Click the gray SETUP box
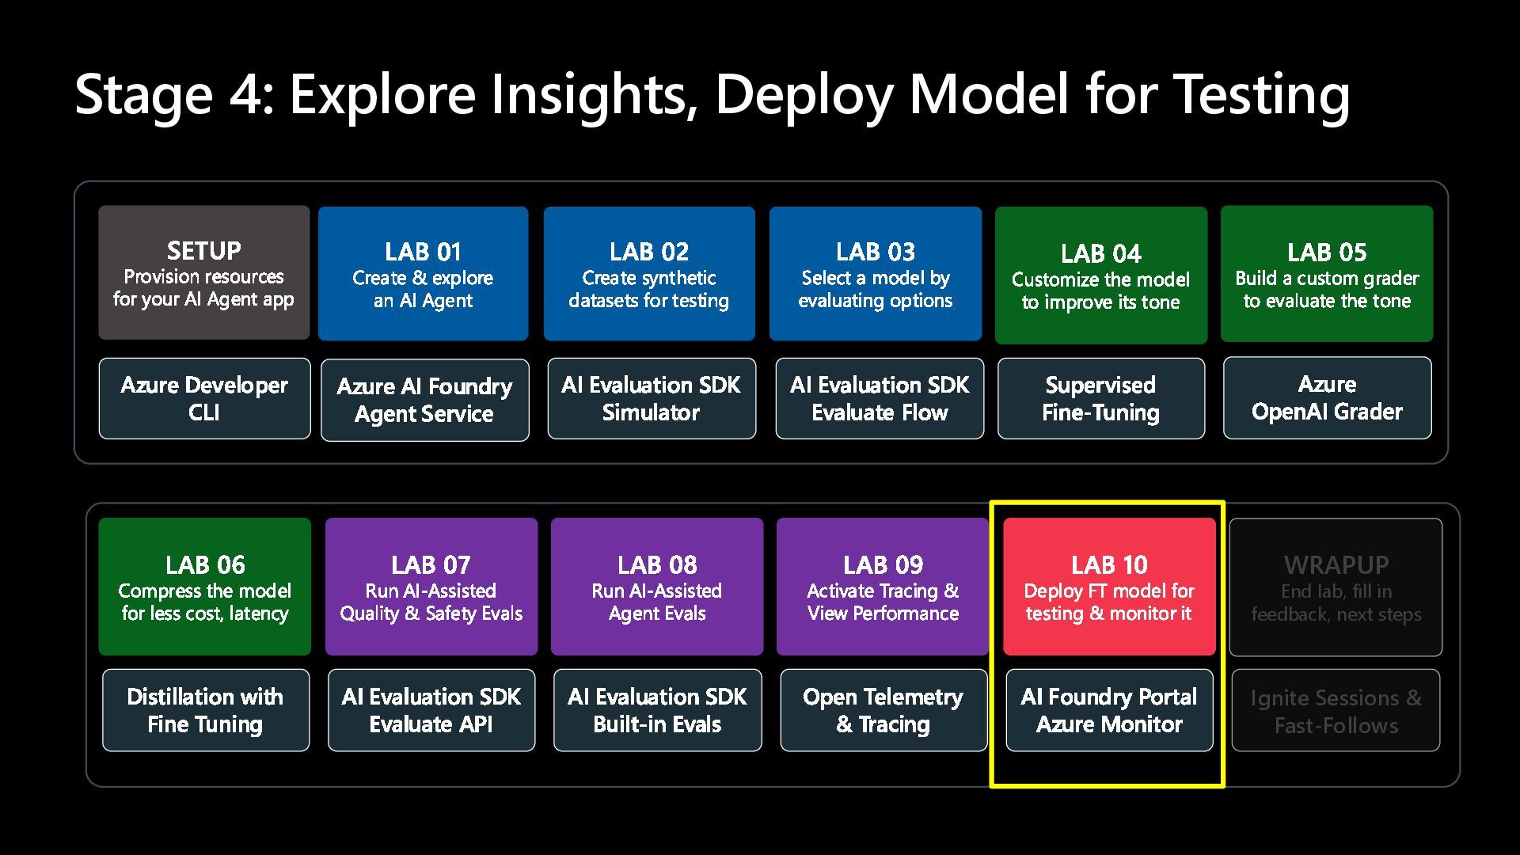click(203, 273)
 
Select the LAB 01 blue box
click(423, 274)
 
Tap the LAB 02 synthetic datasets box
click(649, 274)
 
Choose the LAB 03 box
click(875, 274)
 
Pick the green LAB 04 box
click(1100, 275)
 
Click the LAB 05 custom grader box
click(1327, 274)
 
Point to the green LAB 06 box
click(204, 587)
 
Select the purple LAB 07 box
click(431, 587)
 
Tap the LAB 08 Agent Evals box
click(657, 587)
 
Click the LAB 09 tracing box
click(883, 587)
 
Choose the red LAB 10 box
click(1109, 587)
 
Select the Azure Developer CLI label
click(204, 398)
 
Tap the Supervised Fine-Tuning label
click(1100, 398)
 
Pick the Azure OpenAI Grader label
click(1327, 397)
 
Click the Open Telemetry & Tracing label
click(883, 710)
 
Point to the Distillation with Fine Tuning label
click(205, 710)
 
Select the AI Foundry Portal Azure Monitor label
click(1109, 710)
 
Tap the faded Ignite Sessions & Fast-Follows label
click(1336, 711)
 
